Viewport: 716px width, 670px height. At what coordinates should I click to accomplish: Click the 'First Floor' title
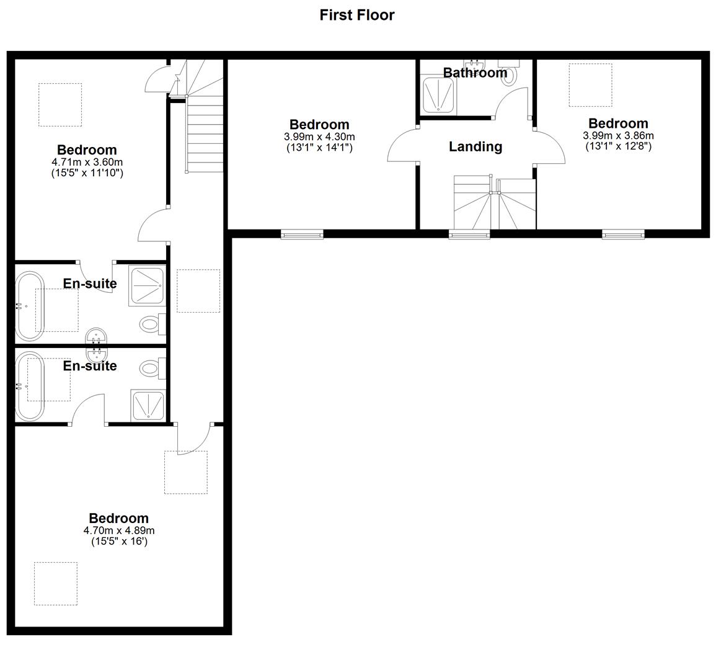(x=356, y=15)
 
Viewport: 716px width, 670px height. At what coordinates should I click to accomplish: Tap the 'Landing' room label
(x=475, y=146)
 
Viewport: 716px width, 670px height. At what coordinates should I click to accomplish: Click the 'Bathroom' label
(x=475, y=73)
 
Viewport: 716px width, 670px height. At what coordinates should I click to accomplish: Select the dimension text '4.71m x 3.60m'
(x=87, y=163)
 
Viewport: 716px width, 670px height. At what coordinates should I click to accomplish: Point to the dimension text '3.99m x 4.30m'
(x=319, y=137)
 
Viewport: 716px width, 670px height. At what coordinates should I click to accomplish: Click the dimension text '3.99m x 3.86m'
(x=618, y=136)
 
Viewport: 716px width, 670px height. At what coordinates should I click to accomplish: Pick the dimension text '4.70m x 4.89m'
(x=119, y=530)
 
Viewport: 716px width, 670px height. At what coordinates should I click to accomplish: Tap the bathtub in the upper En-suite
(x=28, y=305)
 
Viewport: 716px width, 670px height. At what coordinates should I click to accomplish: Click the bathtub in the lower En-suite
(x=29, y=385)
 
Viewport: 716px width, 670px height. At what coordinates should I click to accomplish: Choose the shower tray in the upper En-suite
(x=148, y=285)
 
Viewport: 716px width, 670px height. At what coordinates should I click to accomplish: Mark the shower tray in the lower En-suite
(x=148, y=406)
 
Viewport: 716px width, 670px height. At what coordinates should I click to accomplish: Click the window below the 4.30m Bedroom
(x=302, y=234)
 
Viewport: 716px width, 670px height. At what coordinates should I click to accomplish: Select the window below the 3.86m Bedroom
(x=623, y=234)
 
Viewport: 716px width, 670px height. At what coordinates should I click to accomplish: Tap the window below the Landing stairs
(x=469, y=234)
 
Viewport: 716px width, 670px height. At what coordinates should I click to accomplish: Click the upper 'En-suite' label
(x=90, y=284)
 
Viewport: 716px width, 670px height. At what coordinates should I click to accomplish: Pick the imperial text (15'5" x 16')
(x=119, y=542)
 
